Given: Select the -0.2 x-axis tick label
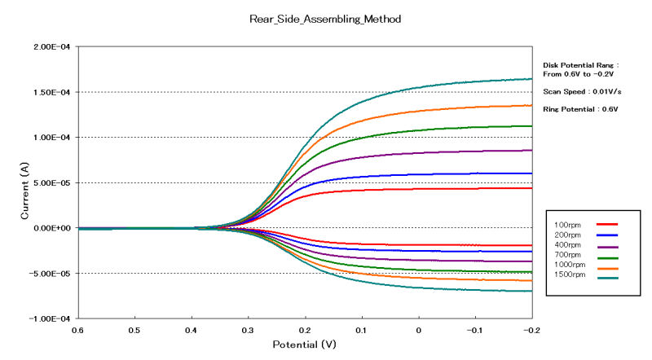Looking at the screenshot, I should (529, 331).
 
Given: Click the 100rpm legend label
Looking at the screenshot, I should (567, 223).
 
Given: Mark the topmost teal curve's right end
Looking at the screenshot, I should (531, 79).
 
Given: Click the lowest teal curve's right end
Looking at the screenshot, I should (531, 291).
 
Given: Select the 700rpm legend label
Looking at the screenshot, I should (567, 256).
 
